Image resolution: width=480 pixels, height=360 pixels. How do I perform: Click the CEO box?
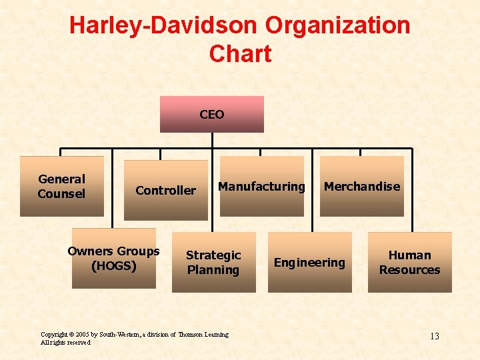(212, 115)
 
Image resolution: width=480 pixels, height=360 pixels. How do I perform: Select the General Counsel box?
(61, 187)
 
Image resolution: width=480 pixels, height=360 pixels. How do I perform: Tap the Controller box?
(165, 191)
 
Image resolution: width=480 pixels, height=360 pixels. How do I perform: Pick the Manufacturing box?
(261, 187)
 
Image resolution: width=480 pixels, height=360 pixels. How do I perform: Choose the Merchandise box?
(362, 187)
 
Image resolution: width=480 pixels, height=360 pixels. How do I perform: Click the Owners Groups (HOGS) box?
(113, 259)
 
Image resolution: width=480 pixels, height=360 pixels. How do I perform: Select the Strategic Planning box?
(213, 262)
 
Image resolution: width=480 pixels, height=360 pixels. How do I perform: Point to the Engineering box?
(310, 262)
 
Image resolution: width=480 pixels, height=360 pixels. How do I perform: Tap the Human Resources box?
(410, 262)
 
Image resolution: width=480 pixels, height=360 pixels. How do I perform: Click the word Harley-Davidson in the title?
(163, 25)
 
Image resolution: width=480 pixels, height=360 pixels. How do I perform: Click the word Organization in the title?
(337, 25)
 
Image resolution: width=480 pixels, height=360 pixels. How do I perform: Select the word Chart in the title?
(240, 53)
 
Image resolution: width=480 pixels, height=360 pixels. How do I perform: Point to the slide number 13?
(434, 336)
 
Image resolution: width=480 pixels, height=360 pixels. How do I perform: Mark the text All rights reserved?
(65, 342)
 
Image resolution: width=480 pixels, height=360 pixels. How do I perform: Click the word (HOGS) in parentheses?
(113, 266)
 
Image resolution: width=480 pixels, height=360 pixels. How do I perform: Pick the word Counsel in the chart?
(61, 194)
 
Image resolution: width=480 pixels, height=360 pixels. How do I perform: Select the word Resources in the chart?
(410, 270)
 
